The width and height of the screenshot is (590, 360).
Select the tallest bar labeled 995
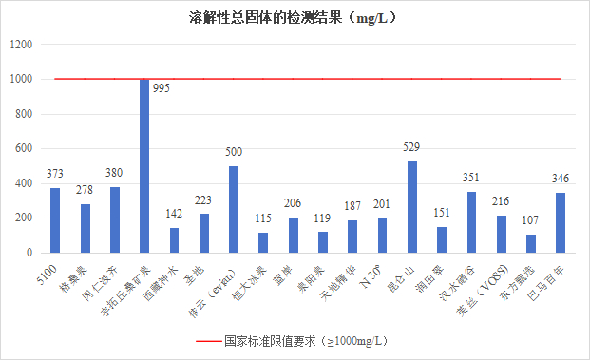point(144,166)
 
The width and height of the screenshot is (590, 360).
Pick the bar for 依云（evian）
point(234,210)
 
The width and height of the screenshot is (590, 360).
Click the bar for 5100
point(55,220)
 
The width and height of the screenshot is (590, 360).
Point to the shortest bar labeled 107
point(530,243)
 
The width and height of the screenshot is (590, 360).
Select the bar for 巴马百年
point(561,223)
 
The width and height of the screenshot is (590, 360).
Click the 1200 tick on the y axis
point(22,45)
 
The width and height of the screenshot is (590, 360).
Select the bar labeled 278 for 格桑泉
point(86,229)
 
